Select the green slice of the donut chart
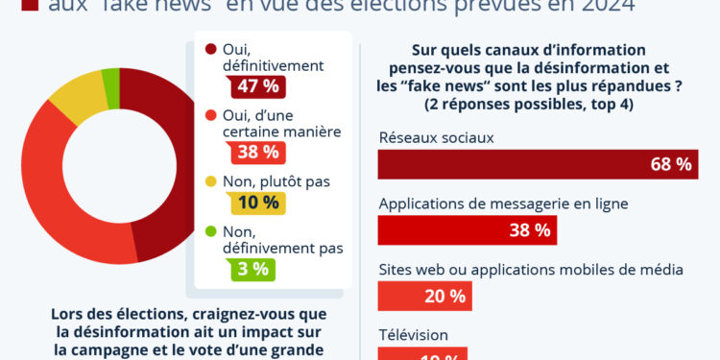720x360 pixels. [x=112, y=94]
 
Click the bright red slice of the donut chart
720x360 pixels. [x=58, y=221]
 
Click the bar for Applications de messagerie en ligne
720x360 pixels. [x=467, y=229]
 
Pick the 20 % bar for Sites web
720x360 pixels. [x=424, y=296]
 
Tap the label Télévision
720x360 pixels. [x=414, y=334]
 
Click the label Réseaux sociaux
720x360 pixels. [x=436, y=137]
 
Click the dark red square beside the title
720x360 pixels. [x=28, y=5]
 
